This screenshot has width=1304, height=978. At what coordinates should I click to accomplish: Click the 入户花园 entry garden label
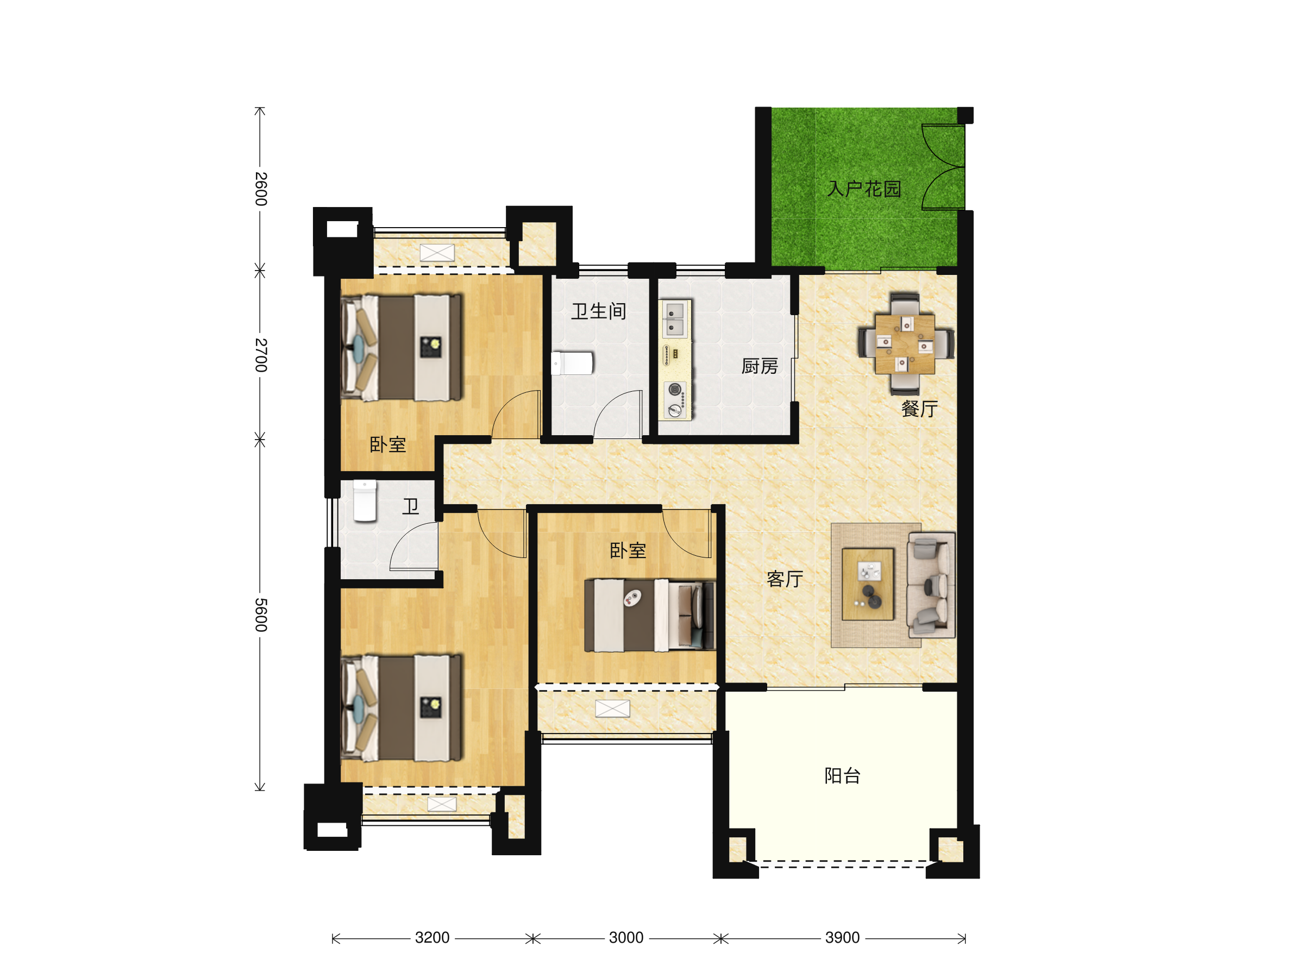(x=864, y=189)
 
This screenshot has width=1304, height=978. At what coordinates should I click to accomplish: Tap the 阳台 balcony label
(x=842, y=776)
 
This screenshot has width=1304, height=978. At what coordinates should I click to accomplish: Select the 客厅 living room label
(x=785, y=579)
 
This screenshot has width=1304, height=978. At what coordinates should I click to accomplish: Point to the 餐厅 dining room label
(x=920, y=409)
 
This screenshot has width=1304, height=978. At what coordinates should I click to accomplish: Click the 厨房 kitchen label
(x=760, y=366)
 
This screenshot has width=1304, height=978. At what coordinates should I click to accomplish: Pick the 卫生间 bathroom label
(x=598, y=311)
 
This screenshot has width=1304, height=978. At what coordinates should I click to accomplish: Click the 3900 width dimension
(x=842, y=938)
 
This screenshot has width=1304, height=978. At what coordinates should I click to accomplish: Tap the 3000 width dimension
(x=626, y=938)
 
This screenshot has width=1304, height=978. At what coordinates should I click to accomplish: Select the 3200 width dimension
(x=432, y=938)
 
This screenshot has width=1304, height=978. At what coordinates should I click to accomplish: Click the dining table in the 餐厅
(x=905, y=344)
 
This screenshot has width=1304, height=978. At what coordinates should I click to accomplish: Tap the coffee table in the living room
(x=868, y=584)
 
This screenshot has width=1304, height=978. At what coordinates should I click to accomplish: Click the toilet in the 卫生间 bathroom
(x=572, y=363)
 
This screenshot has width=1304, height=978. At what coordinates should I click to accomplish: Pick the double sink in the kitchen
(x=675, y=319)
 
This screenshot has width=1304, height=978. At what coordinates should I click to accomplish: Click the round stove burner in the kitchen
(x=675, y=389)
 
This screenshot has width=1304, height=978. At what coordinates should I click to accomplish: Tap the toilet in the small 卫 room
(x=365, y=501)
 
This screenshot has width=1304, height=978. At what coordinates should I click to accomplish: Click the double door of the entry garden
(x=944, y=167)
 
